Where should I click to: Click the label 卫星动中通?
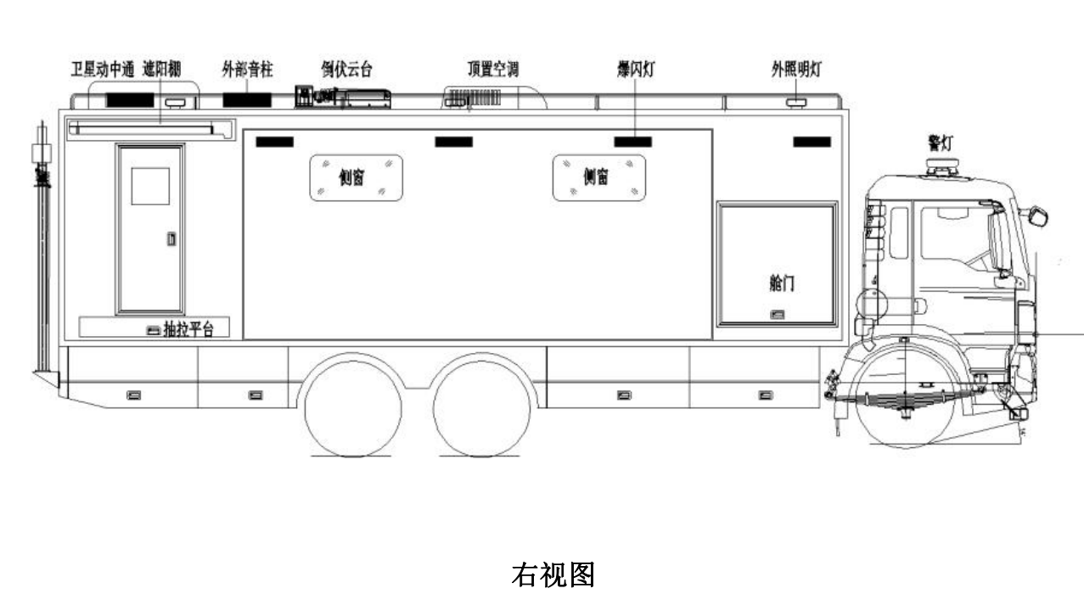pos(101,70)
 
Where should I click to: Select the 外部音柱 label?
pos(247,70)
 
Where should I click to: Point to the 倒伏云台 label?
pos(345,70)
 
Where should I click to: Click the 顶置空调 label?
pos(492,70)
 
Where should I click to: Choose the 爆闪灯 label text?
pos(634,70)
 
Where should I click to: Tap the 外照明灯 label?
pos(795,70)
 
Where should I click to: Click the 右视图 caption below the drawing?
pos(552,574)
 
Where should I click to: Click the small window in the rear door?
pos(150,186)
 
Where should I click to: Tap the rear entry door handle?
pos(171,239)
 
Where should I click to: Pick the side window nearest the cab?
pos(598,177)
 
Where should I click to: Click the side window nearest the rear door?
pos(355,177)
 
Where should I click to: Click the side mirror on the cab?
pos(1038,216)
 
